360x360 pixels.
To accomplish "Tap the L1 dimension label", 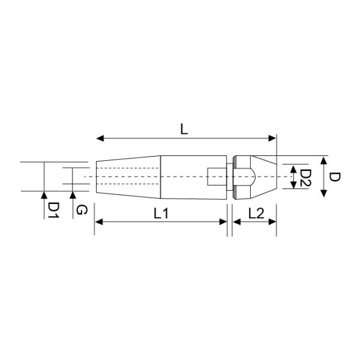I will click(161, 212).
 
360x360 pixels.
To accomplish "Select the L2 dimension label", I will click(255, 212).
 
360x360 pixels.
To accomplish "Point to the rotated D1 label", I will click(53, 209).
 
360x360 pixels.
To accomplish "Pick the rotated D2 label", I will click(305, 178).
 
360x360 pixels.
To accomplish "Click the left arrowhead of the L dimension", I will click(100, 139).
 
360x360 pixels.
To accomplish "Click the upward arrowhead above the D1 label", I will click(44, 194).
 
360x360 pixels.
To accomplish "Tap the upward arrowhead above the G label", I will click(73, 194).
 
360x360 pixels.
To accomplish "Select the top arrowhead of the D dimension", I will click(324, 160).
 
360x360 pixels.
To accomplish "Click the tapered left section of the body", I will click(127, 177).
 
